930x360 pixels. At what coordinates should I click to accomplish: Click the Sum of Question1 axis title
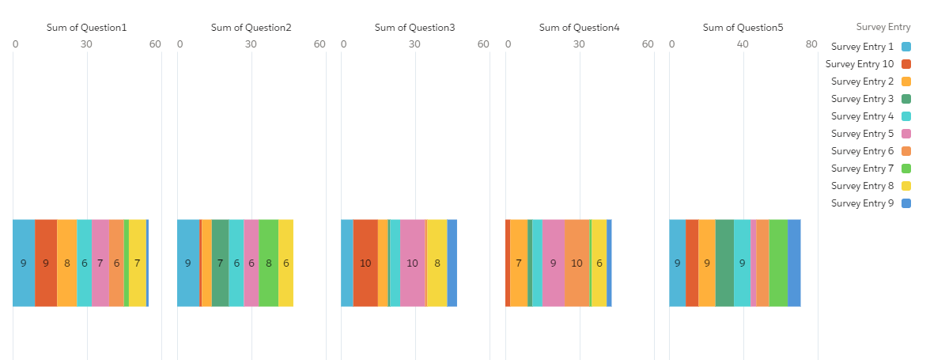86,28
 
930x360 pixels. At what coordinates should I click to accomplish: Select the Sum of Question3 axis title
414,28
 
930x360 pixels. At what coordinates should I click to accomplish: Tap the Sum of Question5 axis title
743,28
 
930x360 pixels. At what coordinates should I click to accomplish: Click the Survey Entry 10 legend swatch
906,64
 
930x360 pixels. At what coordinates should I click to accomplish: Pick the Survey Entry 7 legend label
862,169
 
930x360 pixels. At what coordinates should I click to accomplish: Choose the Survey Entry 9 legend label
862,203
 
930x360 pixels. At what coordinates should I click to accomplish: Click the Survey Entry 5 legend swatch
906,134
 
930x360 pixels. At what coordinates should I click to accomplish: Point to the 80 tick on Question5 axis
811,44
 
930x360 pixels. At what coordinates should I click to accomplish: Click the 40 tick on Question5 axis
743,44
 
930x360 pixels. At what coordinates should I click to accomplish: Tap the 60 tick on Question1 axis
155,44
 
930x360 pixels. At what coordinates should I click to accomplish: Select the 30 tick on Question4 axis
579,44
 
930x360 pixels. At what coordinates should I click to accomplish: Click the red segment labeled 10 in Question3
365,263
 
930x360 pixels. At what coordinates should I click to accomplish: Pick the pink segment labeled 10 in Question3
413,263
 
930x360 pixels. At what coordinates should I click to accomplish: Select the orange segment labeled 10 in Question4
577,263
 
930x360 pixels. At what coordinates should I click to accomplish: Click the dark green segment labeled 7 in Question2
220,263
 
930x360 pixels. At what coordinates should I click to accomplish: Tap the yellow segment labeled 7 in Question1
138,263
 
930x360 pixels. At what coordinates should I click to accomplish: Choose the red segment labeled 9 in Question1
46,263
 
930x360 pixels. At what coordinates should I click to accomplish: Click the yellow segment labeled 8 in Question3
437,263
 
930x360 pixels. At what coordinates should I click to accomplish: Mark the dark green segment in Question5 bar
724,263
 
